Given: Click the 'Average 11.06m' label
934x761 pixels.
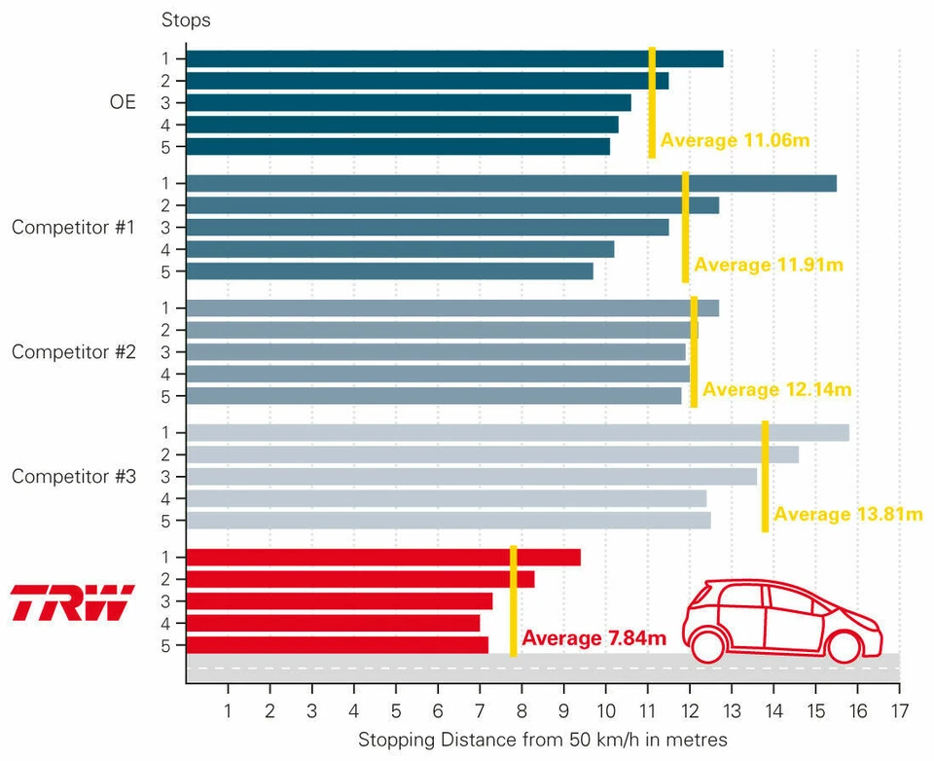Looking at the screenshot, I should (x=735, y=141).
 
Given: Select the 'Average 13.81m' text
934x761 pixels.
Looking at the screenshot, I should (x=847, y=515).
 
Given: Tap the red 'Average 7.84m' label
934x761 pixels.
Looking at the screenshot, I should (x=593, y=638).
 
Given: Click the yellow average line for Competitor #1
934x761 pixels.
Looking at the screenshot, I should (x=686, y=227).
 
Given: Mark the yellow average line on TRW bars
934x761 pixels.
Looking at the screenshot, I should (x=514, y=600).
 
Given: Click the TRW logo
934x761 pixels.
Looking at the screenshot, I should (x=72, y=603).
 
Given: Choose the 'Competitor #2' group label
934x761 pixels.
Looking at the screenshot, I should (x=73, y=352).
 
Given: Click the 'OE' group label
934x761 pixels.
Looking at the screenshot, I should (x=123, y=102).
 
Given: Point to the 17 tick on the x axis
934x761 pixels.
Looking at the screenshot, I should (x=899, y=710).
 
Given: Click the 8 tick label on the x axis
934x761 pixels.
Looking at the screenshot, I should (x=521, y=710).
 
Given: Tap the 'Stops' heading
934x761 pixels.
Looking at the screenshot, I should (x=185, y=20).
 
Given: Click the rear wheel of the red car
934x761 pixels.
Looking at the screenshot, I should (x=707, y=644).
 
